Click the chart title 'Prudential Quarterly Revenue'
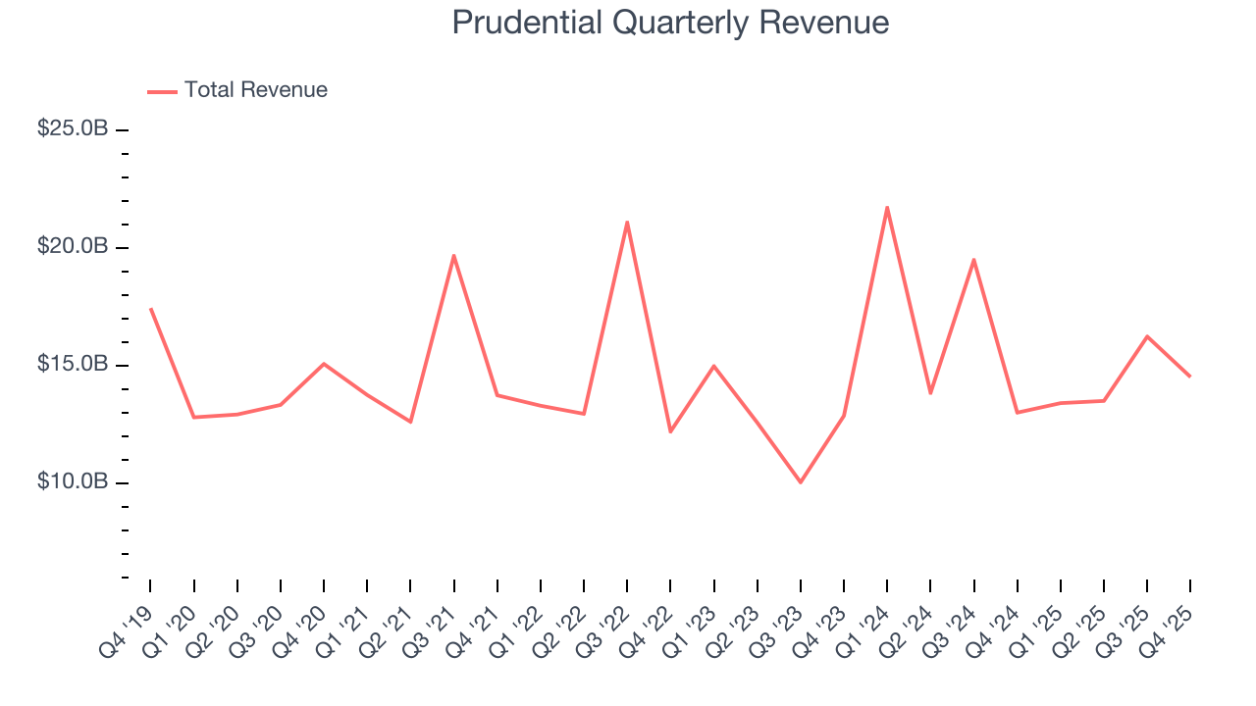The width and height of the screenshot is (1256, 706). tap(670, 23)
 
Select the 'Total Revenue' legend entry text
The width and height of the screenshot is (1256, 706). tap(255, 90)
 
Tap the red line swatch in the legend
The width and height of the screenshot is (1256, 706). tap(162, 91)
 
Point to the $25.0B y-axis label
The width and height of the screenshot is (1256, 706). tap(73, 128)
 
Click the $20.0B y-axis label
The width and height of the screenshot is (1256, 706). tap(73, 246)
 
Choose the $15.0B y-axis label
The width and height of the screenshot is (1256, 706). tap(73, 364)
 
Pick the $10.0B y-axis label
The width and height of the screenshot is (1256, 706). tap(73, 481)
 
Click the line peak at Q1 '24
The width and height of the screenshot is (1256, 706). tap(887, 207)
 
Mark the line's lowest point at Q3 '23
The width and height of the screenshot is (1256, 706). tap(801, 482)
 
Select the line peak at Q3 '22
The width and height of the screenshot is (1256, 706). tap(627, 222)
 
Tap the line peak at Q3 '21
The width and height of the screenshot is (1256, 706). tap(453, 255)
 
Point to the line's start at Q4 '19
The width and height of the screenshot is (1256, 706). tap(150, 309)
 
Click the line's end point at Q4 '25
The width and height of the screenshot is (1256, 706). tap(1190, 377)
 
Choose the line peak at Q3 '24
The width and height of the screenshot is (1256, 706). tap(973, 259)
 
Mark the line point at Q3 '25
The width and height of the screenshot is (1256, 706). tap(1147, 336)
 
